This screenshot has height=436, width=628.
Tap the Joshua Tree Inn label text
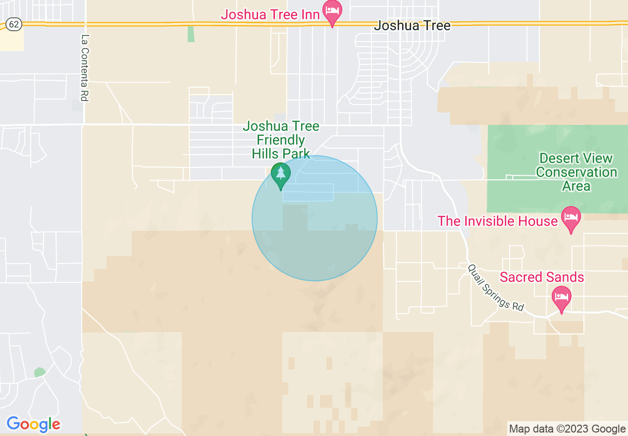tap(270, 14)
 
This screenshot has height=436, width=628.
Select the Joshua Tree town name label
tap(413, 26)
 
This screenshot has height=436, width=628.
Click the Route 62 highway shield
tap(14, 24)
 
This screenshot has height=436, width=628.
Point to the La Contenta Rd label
tap(85, 68)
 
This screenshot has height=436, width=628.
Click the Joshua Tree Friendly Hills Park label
tap(281, 140)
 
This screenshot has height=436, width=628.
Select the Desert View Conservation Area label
tap(576, 172)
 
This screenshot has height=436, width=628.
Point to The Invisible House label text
tap(497, 221)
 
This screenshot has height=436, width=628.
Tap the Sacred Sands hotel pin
tap(562, 298)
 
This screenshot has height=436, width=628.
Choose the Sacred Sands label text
tap(542, 277)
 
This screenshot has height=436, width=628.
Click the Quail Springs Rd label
tap(496, 287)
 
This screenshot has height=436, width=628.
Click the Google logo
tap(33, 424)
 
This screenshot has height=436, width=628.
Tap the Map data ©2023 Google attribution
tap(568, 429)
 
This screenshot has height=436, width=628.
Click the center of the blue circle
tap(314, 218)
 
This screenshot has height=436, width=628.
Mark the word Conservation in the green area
tap(576, 172)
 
